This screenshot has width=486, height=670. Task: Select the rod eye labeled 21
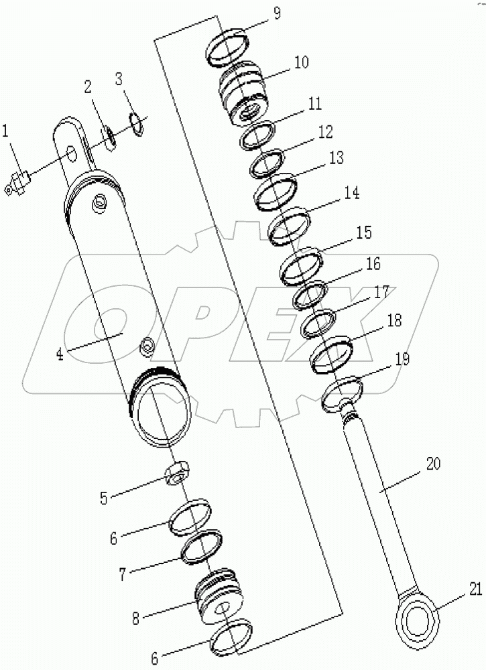pyautogui.click(x=418, y=614)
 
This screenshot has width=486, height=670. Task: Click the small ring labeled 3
pyautogui.click(x=136, y=123)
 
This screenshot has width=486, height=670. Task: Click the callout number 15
pyautogui.click(x=363, y=232)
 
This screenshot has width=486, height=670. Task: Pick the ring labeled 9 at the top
pyautogui.click(x=226, y=48)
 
